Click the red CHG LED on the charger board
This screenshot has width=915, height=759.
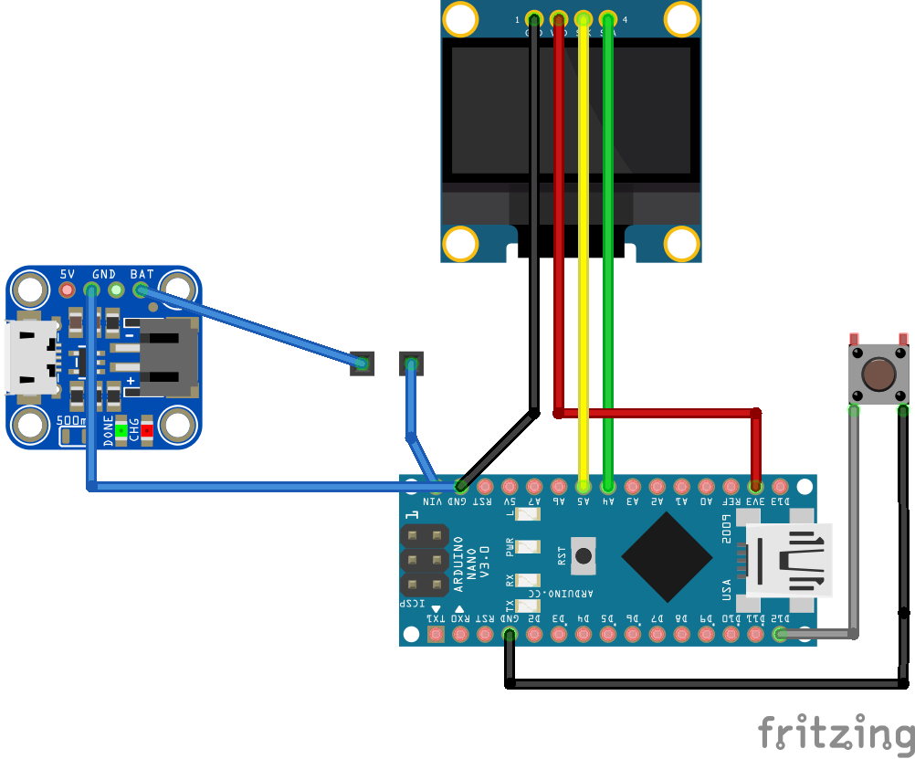point(145,430)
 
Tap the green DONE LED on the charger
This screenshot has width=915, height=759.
point(121,430)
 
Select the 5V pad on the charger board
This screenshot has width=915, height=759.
point(67,290)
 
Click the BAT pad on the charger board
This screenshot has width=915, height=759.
point(141,290)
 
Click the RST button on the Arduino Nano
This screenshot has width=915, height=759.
point(583,555)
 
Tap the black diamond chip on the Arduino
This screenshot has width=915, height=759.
point(668,556)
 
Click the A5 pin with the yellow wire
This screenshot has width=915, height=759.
point(583,486)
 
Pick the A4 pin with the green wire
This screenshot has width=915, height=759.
point(608,486)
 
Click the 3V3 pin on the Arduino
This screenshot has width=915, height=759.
point(755,486)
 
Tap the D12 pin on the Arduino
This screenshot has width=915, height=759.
point(780,633)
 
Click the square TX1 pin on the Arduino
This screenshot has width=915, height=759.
point(436,633)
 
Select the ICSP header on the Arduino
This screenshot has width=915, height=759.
point(424,559)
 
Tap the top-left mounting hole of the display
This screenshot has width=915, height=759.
point(461,18)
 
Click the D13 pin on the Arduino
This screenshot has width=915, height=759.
point(780,486)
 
